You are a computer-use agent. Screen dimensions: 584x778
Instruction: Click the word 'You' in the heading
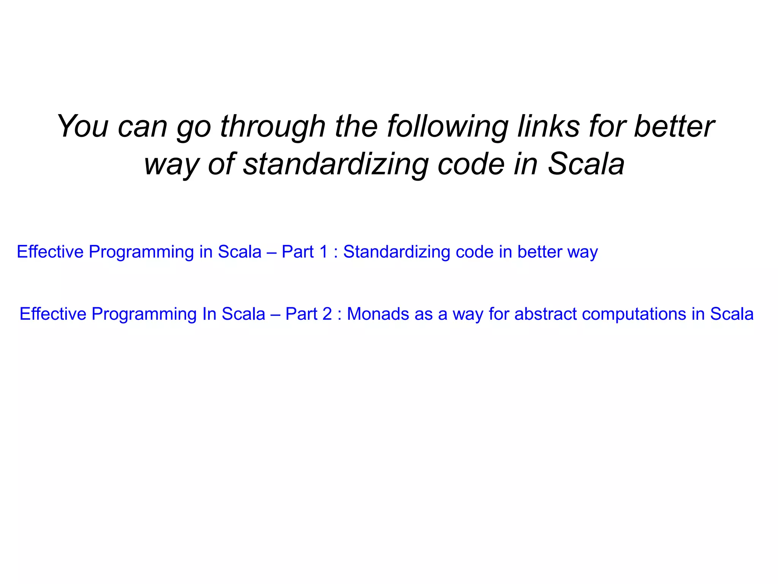tap(83, 126)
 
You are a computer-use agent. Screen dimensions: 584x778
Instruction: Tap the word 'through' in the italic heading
tap(273, 126)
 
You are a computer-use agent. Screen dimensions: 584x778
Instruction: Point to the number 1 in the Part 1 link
tap(323, 252)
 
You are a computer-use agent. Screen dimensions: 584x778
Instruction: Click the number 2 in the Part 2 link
tap(327, 314)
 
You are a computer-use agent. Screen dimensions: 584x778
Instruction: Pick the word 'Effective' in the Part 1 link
tap(50, 252)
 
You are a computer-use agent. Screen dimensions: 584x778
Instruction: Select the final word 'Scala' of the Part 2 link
tap(732, 314)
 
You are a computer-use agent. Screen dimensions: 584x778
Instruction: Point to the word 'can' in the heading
tap(142, 127)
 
